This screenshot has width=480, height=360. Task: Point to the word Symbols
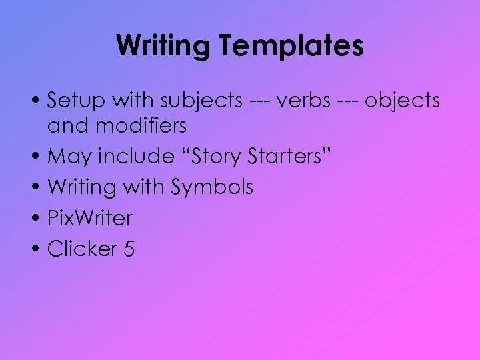pos(212,187)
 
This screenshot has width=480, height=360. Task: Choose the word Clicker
pos(81,249)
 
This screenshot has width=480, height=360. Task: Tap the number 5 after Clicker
pos(129,249)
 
